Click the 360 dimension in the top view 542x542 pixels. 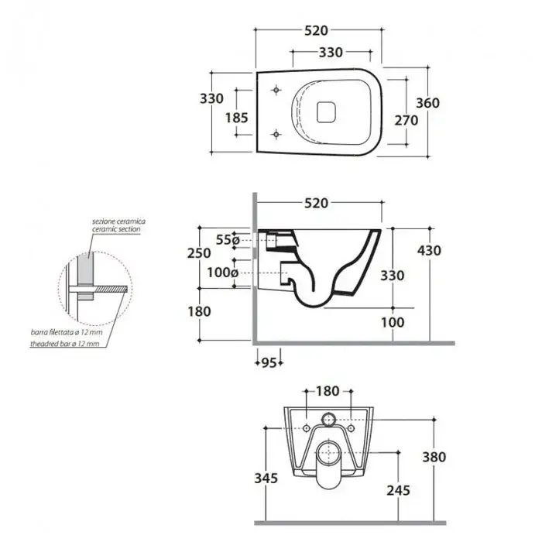coord(427,103)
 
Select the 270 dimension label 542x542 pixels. coord(406,120)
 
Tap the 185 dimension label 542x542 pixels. coord(237,118)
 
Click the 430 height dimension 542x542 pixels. coord(429,251)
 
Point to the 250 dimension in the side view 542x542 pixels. coord(199,253)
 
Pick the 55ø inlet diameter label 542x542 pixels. coord(228,239)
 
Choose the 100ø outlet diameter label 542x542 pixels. coord(223,273)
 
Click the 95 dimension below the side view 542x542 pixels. coord(269,363)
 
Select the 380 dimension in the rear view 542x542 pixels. coord(434,457)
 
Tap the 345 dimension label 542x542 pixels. coord(266,479)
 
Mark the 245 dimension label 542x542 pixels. coord(398,490)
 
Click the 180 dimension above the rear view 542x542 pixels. coord(328,391)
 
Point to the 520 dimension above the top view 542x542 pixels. coord(316,30)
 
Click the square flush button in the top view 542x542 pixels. coord(326,111)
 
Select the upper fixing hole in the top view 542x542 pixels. coord(276,90)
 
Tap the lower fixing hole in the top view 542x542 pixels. coord(276,134)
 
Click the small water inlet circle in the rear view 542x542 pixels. coord(329,420)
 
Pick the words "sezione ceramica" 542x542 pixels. coord(118,221)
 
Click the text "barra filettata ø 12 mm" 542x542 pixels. coord(67,332)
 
